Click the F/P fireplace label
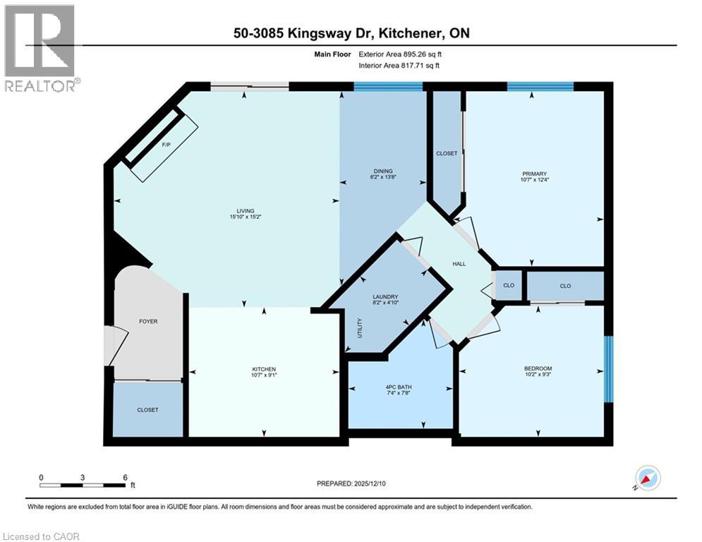pyautogui.click(x=167, y=144)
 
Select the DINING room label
pyautogui.click(x=383, y=174)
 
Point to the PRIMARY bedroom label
pyautogui.click(x=534, y=177)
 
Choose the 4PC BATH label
pyautogui.click(x=400, y=387)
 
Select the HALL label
pyautogui.click(x=459, y=264)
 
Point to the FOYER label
pyautogui.click(x=148, y=321)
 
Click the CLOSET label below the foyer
pyautogui.click(x=148, y=410)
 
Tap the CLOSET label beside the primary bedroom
pyautogui.click(x=447, y=153)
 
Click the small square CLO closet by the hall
pyautogui.click(x=509, y=286)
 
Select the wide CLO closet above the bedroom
pyautogui.click(x=565, y=286)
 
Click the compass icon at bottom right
pyautogui.click(x=648, y=478)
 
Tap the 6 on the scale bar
pyautogui.click(x=125, y=477)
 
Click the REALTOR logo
pyautogui.click(x=40, y=48)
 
